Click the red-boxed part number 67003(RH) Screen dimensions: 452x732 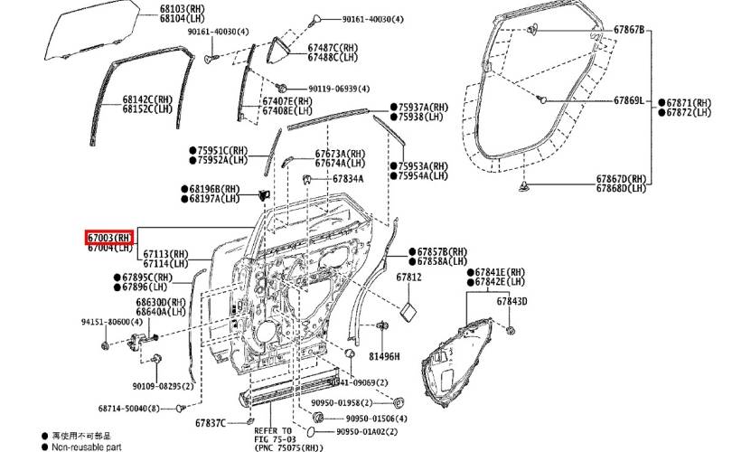(110, 237)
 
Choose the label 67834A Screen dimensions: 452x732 (348, 179)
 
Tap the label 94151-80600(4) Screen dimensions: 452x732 (110, 321)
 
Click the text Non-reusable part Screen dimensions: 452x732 (89, 447)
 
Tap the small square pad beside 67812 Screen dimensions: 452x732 (408, 311)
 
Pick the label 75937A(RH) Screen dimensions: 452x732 (423, 107)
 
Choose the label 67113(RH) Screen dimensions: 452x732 (164, 254)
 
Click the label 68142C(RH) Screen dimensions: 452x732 (147, 99)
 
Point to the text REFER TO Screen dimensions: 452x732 (273, 430)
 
